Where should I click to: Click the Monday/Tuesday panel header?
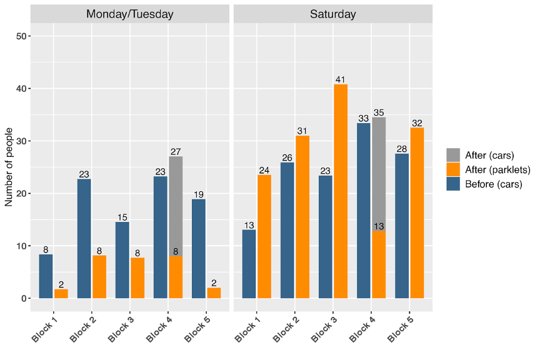click(x=130, y=14)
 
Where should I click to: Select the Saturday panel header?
click(x=332, y=14)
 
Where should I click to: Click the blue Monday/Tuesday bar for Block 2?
click(x=84, y=238)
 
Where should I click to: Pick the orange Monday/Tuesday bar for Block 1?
click(x=61, y=294)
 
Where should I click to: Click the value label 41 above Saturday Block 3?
click(x=340, y=79)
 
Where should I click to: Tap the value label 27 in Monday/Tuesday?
click(x=176, y=151)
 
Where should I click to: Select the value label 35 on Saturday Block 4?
click(x=379, y=112)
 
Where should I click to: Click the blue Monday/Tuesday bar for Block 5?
click(x=198, y=248)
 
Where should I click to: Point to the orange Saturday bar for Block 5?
click(x=417, y=212)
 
